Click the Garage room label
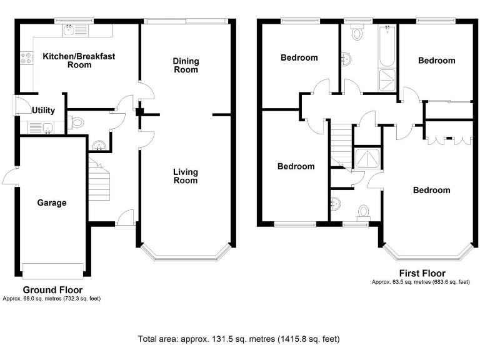point(51,202)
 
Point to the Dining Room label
point(186,65)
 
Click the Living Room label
point(186,176)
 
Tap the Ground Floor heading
point(52,290)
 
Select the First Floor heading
point(422,273)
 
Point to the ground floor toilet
point(77,122)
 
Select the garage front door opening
point(52,271)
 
